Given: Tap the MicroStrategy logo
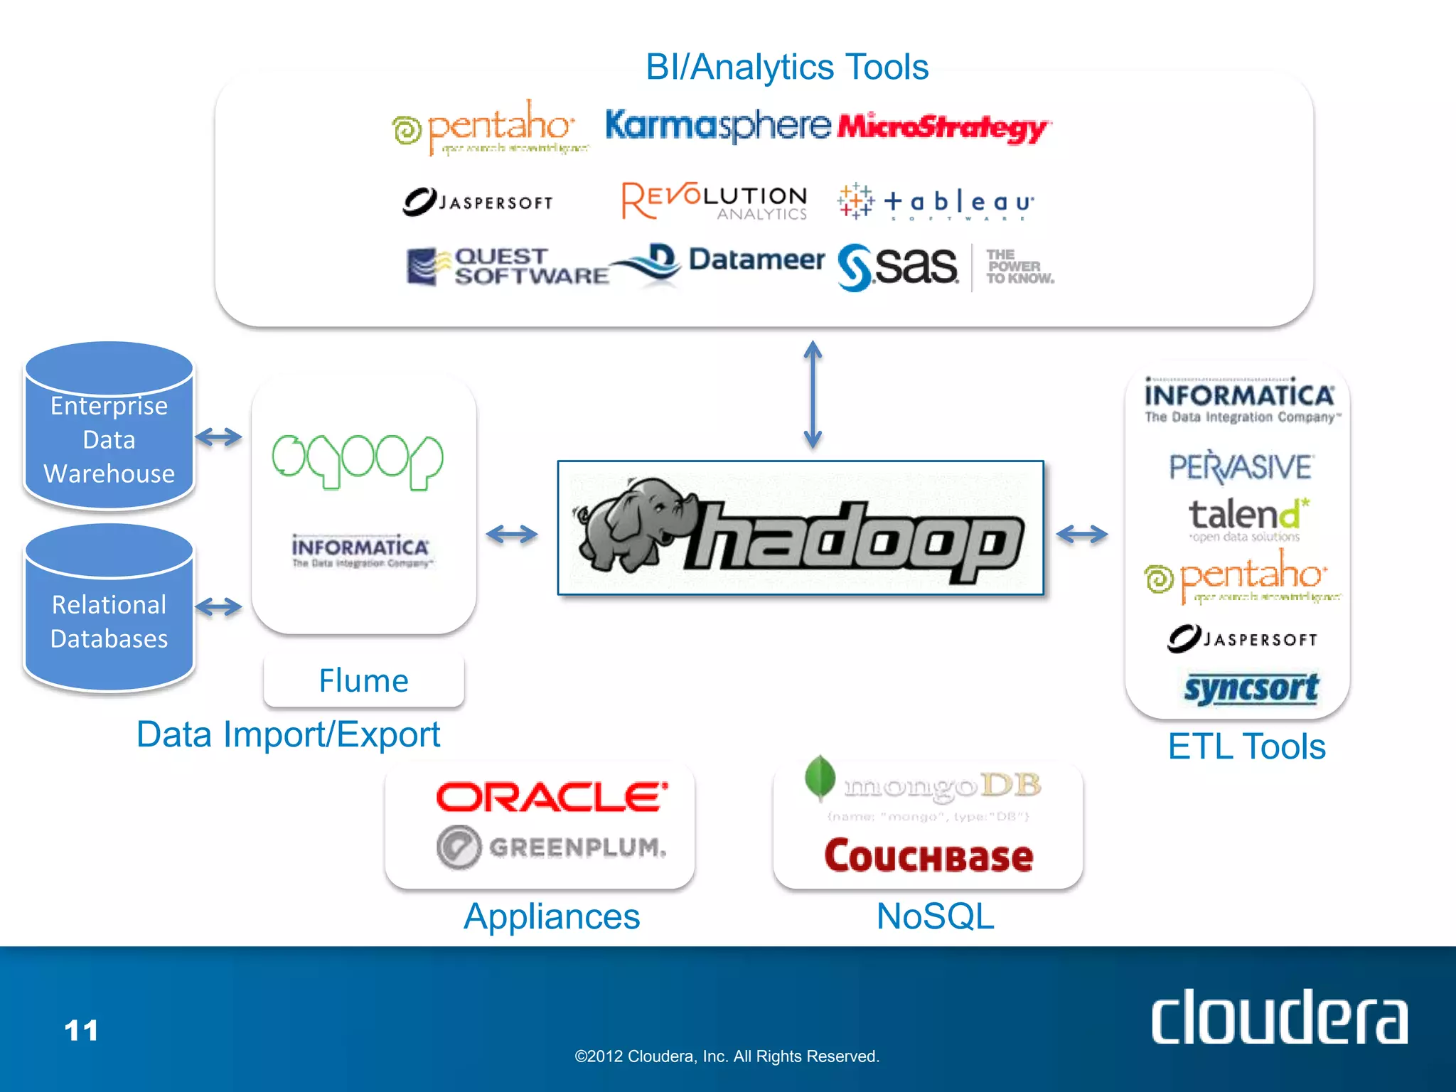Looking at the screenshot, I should pos(943,127).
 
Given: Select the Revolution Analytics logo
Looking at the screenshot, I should pos(714,201).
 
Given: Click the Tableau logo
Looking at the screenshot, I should pos(936,202).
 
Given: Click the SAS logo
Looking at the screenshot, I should pos(899,267).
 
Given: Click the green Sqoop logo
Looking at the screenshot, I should pos(358,461).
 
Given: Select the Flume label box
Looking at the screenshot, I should pos(363,681).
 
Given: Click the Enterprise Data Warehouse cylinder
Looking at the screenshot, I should pos(109,427).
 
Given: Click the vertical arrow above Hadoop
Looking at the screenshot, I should pos(813,395).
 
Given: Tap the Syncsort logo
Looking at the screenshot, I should pos(1251,688).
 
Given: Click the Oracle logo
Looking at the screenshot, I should pos(552,797).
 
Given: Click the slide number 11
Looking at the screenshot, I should pos(81,1030).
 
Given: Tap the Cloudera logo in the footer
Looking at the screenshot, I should pos(1279,1018).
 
